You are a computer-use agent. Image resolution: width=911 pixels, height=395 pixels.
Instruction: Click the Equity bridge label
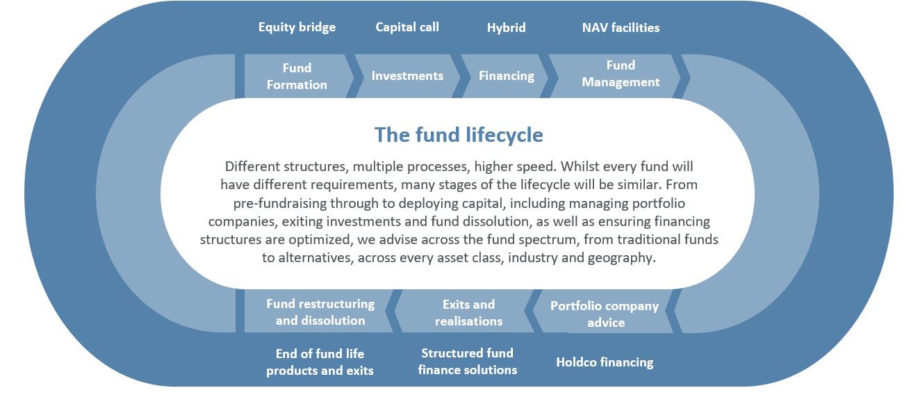click(x=297, y=27)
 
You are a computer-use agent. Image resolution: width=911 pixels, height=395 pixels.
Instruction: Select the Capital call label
click(x=407, y=27)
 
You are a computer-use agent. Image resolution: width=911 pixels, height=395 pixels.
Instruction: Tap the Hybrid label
click(x=506, y=28)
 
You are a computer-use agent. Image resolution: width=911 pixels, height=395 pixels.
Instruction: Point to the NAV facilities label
click(x=621, y=28)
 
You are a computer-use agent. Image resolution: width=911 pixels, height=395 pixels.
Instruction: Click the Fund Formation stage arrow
click(x=296, y=76)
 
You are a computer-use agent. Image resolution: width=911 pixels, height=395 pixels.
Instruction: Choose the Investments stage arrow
click(x=407, y=76)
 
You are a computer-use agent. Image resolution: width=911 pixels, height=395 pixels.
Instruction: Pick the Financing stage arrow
click(x=507, y=76)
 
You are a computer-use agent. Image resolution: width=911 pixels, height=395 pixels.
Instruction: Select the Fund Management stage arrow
click(x=621, y=74)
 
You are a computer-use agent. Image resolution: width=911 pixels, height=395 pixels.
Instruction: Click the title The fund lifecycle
click(x=459, y=134)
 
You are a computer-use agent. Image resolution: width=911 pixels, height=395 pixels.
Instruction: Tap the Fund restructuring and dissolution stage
click(x=320, y=312)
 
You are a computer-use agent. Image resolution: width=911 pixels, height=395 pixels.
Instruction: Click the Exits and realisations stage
click(x=468, y=312)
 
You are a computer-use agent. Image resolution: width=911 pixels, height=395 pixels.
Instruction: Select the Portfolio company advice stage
click(x=605, y=314)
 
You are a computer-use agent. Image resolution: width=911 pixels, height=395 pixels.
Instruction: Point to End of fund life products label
click(x=320, y=362)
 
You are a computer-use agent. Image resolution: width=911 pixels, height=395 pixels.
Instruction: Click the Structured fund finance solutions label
click(x=468, y=362)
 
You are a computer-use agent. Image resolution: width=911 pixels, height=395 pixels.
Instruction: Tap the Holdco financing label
click(x=605, y=362)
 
